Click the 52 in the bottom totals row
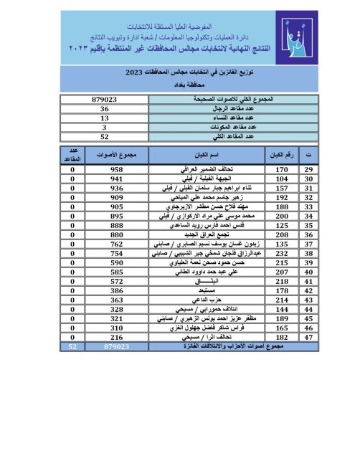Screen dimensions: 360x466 73,347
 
